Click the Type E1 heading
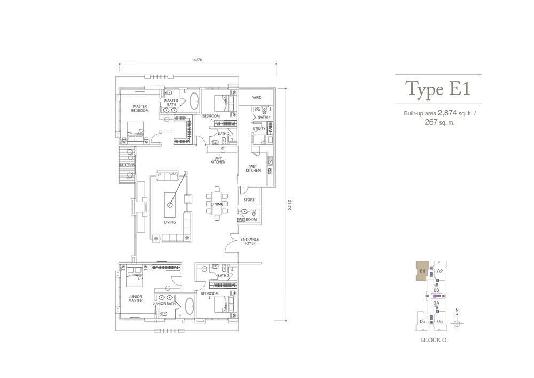tap(438, 89)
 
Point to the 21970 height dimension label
tap(289, 205)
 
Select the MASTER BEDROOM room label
tap(140, 109)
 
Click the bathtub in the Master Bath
tap(194, 101)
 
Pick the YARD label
tap(256, 97)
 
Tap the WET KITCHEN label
tap(253, 168)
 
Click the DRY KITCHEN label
tap(218, 160)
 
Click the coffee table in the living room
tap(170, 205)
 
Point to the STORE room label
tap(249, 200)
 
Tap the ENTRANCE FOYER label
tap(250, 241)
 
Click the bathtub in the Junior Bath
tap(190, 307)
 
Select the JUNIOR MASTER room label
tap(136, 298)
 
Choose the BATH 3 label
tap(223, 275)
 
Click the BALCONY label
tap(127, 165)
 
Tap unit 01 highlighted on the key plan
tap(422, 271)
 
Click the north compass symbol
tap(457, 323)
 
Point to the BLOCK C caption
tap(434, 340)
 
